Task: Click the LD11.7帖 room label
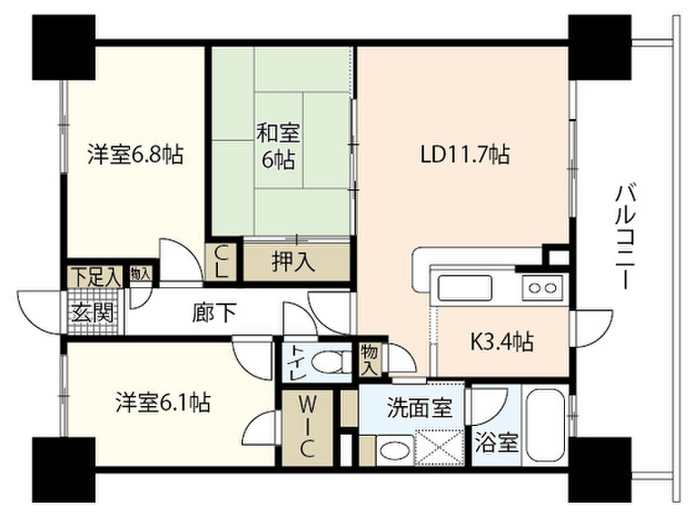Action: tap(465, 155)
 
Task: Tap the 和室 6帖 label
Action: tap(279, 146)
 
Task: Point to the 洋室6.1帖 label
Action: tap(163, 402)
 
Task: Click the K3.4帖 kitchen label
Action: tap(502, 341)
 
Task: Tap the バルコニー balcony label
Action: tap(626, 238)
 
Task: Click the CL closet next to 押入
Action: tap(221, 262)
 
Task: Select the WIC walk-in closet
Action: tap(307, 428)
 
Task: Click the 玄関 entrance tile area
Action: tap(93, 313)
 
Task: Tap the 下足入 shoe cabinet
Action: tap(96, 277)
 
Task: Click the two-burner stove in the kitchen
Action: tap(543, 288)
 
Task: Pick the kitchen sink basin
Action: tap(465, 288)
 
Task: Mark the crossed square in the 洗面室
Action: tap(438, 447)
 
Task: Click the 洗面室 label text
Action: tap(420, 408)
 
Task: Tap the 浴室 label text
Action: tap(496, 442)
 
